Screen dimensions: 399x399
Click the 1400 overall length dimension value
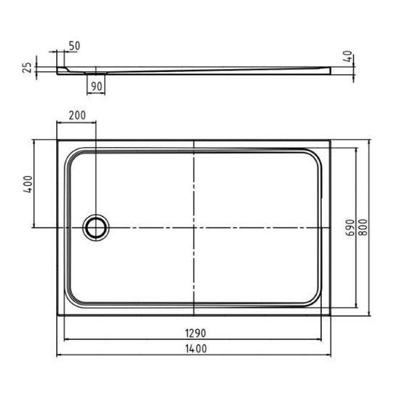[196, 349]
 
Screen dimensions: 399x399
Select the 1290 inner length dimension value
[195, 333]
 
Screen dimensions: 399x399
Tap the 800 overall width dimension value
[364, 227]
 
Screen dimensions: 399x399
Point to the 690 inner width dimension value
[351, 228]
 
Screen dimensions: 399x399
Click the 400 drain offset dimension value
[28, 184]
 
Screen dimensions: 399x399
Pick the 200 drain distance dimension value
[77, 116]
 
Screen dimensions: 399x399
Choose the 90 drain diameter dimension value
[96, 87]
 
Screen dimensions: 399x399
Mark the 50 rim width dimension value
[74, 46]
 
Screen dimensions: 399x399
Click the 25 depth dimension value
[27, 68]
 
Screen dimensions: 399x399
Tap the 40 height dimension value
[347, 56]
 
